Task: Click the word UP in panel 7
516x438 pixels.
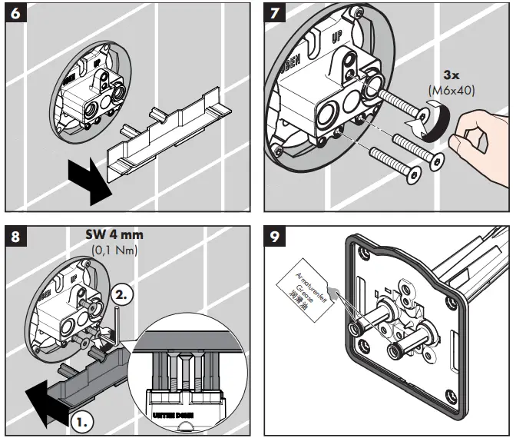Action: [x=336, y=40]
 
